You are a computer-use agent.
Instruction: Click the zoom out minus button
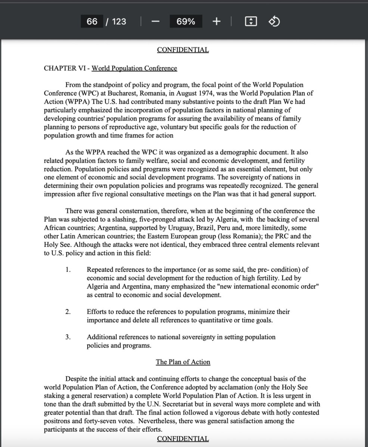pyautogui.click(x=156, y=22)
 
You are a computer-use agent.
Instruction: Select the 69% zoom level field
pyautogui.click(x=186, y=22)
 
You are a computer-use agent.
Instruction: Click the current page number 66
pyautogui.click(x=92, y=22)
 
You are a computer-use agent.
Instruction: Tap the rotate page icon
pyautogui.click(x=274, y=22)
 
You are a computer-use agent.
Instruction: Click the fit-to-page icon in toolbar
pyautogui.click(x=251, y=22)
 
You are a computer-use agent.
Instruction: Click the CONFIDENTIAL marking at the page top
pyautogui.click(x=183, y=50)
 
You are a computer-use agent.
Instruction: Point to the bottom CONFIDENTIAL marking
pyautogui.click(x=183, y=439)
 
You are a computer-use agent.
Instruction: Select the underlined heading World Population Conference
pyautogui.click(x=134, y=68)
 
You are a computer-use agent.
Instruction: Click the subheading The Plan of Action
pyautogui.click(x=183, y=362)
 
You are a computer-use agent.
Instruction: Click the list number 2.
pyautogui.click(x=68, y=312)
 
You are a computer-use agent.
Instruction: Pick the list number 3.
pyautogui.click(x=68, y=337)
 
